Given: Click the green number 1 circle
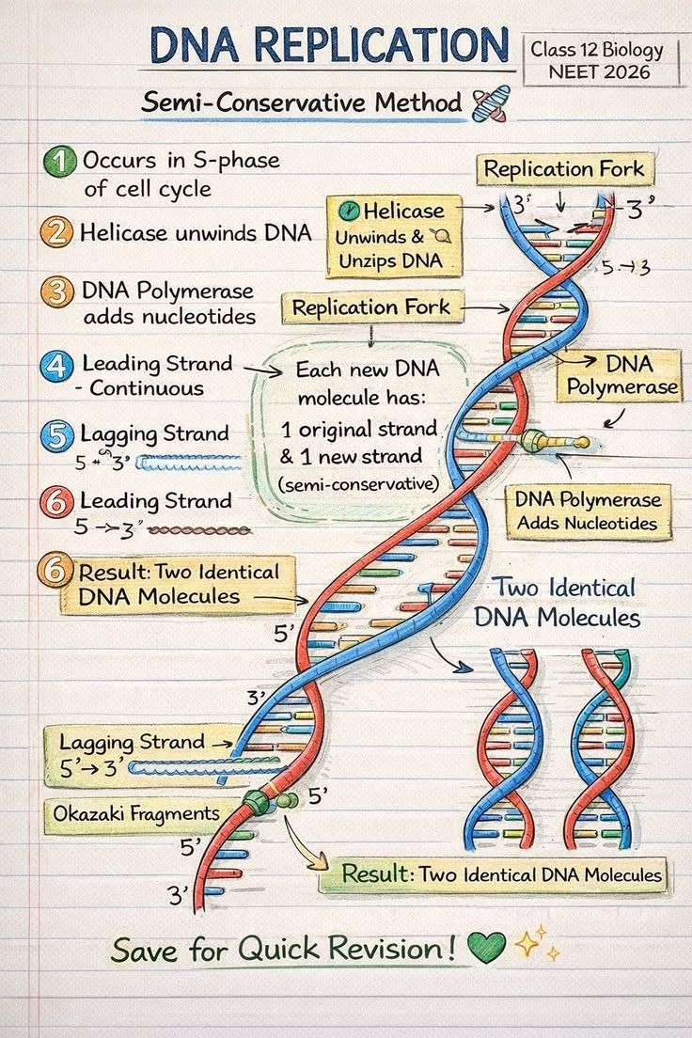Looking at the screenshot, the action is (59, 162).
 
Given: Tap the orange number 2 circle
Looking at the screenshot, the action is (55, 233).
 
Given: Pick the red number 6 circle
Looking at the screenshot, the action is (57, 502).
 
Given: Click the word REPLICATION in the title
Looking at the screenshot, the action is (381, 45).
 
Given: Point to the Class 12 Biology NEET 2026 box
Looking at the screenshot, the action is (601, 59).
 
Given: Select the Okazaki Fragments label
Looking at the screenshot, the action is (136, 813).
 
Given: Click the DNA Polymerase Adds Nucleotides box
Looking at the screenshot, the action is (588, 511).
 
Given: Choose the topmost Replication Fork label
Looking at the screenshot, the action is (565, 169).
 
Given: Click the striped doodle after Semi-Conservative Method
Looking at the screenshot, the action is (491, 104).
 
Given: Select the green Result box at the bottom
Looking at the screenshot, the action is (494, 874).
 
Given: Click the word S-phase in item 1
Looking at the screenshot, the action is (237, 161).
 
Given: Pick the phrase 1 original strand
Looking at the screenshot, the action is (359, 429).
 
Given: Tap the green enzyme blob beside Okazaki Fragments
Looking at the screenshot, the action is (257, 801).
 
